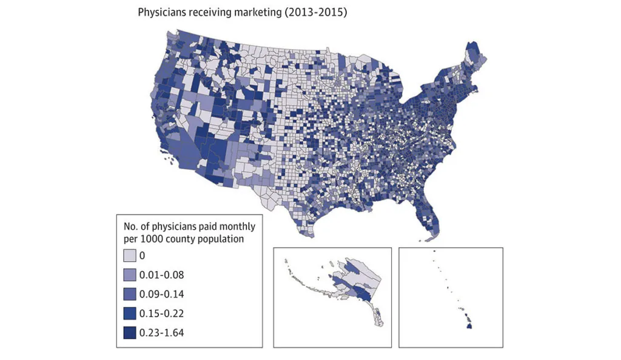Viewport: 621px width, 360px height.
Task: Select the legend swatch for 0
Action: tap(129, 255)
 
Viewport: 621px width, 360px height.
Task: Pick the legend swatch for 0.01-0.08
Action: tap(129, 275)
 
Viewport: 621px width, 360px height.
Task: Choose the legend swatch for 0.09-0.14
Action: tap(129, 294)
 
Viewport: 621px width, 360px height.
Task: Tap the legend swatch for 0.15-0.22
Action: tap(129, 313)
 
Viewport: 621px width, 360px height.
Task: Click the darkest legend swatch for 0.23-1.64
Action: tap(129, 333)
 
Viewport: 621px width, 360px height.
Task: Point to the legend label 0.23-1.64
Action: tap(161, 333)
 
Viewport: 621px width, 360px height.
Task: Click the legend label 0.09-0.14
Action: tap(161, 294)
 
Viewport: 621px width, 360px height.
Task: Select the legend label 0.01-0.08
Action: tap(161, 275)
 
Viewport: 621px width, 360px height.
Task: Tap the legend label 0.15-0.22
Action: tap(161, 313)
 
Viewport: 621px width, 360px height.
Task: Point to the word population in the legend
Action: tap(220, 239)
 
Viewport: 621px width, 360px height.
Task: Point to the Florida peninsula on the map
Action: tap(431, 212)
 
